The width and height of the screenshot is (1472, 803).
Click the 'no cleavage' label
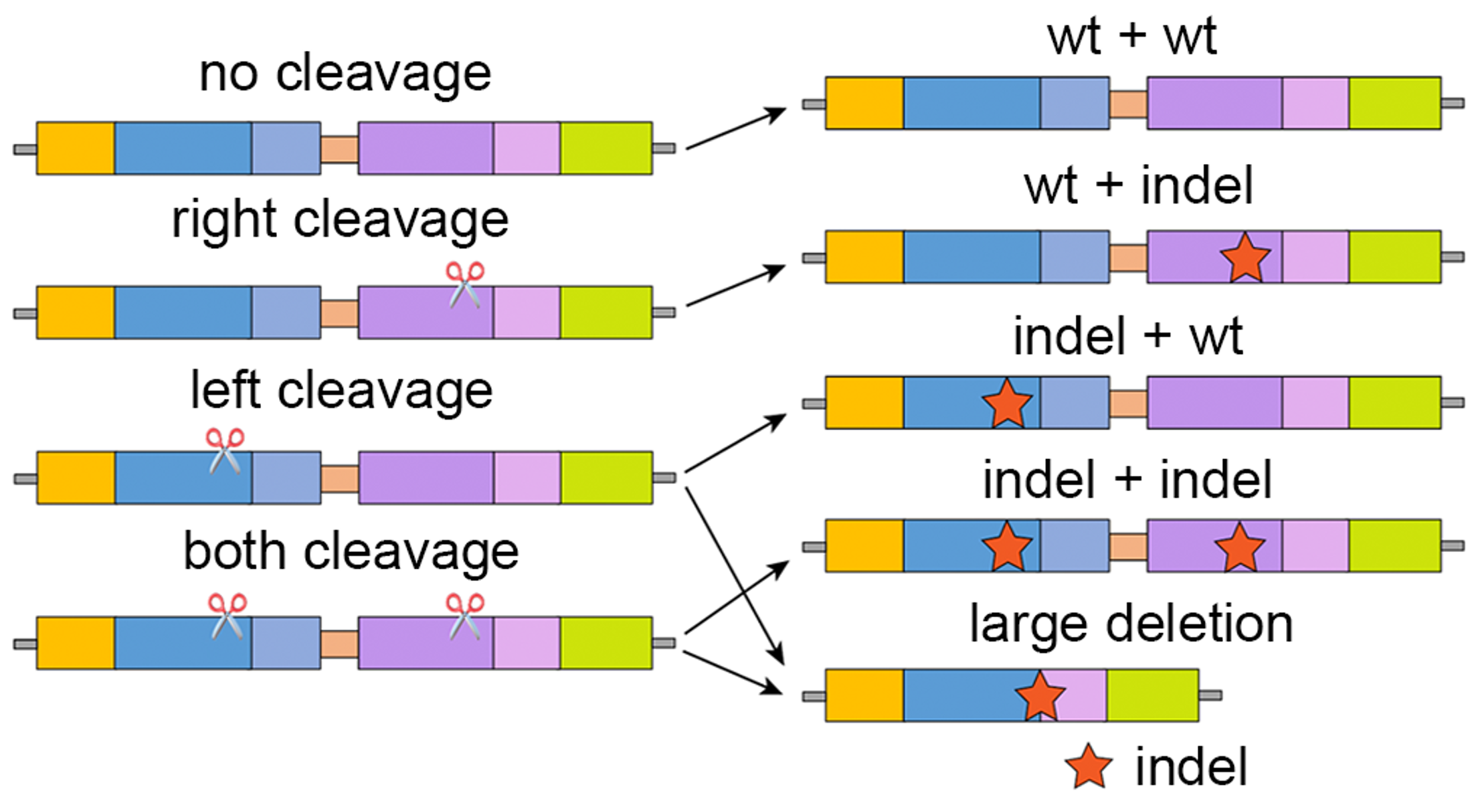[x=345, y=74]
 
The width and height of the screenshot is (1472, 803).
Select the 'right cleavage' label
[x=340, y=219]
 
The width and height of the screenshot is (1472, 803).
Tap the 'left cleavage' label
[x=341, y=391]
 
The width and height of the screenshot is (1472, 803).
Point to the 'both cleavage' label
[x=351, y=551]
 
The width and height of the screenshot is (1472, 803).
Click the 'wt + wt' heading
[x=1132, y=36]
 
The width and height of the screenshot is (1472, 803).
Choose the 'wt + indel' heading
[x=1138, y=186]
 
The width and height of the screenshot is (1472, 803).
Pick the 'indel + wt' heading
[x=1128, y=336]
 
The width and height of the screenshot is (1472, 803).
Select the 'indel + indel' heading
[x=1127, y=480]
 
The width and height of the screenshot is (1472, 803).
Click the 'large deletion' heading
[x=1131, y=624]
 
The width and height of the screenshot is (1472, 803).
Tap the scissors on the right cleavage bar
[x=465, y=284]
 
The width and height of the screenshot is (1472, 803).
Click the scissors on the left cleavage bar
[x=225, y=450]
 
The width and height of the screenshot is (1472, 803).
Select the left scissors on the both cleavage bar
[x=227, y=616]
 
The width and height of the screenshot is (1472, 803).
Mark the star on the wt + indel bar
[x=1245, y=258]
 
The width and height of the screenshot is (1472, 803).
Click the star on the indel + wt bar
[x=1007, y=403]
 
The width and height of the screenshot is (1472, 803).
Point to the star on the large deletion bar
[x=1040, y=696]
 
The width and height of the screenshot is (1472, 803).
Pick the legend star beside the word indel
[x=1089, y=766]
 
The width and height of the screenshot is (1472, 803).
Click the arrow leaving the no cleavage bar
[x=736, y=128]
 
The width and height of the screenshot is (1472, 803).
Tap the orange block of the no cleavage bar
[x=76, y=148]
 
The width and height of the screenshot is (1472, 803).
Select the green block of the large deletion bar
[x=1152, y=695]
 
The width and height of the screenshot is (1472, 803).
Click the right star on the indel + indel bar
[x=1239, y=547]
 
